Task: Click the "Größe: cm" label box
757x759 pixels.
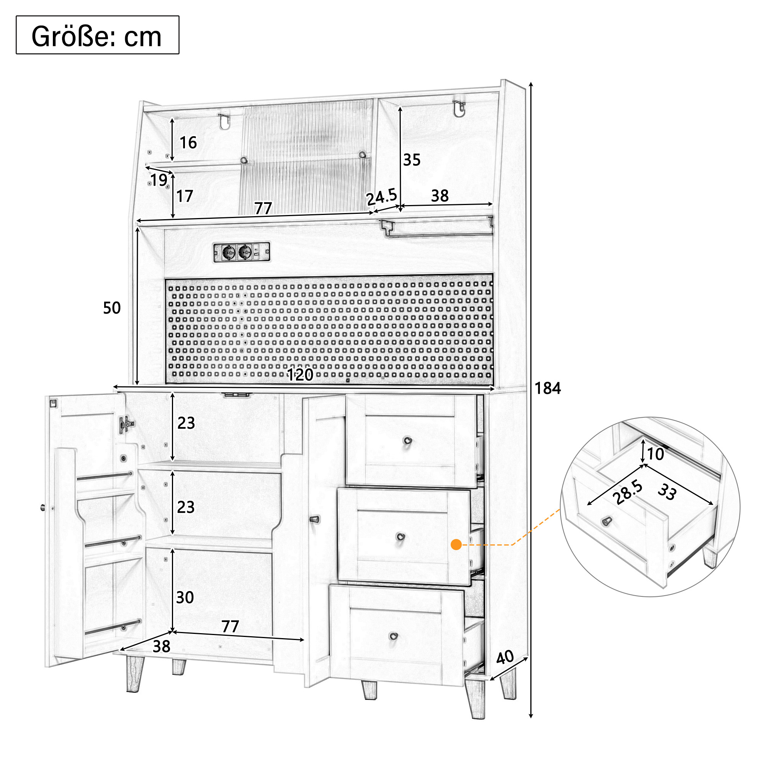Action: click(98, 35)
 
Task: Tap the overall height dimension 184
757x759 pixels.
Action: click(548, 389)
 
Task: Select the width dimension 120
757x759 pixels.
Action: click(300, 375)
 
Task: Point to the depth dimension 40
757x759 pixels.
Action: click(505, 657)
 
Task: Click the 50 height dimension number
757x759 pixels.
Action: click(112, 308)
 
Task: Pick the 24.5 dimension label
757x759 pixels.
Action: click(381, 196)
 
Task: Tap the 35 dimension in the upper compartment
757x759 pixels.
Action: click(412, 160)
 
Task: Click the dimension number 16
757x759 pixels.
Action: click(188, 143)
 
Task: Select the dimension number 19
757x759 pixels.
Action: click(159, 180)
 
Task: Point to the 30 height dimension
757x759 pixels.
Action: click(185, 598)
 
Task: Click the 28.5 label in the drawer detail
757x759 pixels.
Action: click(628, 493)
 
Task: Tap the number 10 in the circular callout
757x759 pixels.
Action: click(656, 454)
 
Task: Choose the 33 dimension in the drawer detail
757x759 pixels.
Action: click(667, 492)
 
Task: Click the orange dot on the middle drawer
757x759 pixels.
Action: click(456, 544)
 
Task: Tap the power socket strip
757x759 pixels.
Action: click(242, 252)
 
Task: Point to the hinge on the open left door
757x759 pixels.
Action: click(126, 424)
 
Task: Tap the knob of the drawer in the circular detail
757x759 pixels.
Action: click(607, 521)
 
